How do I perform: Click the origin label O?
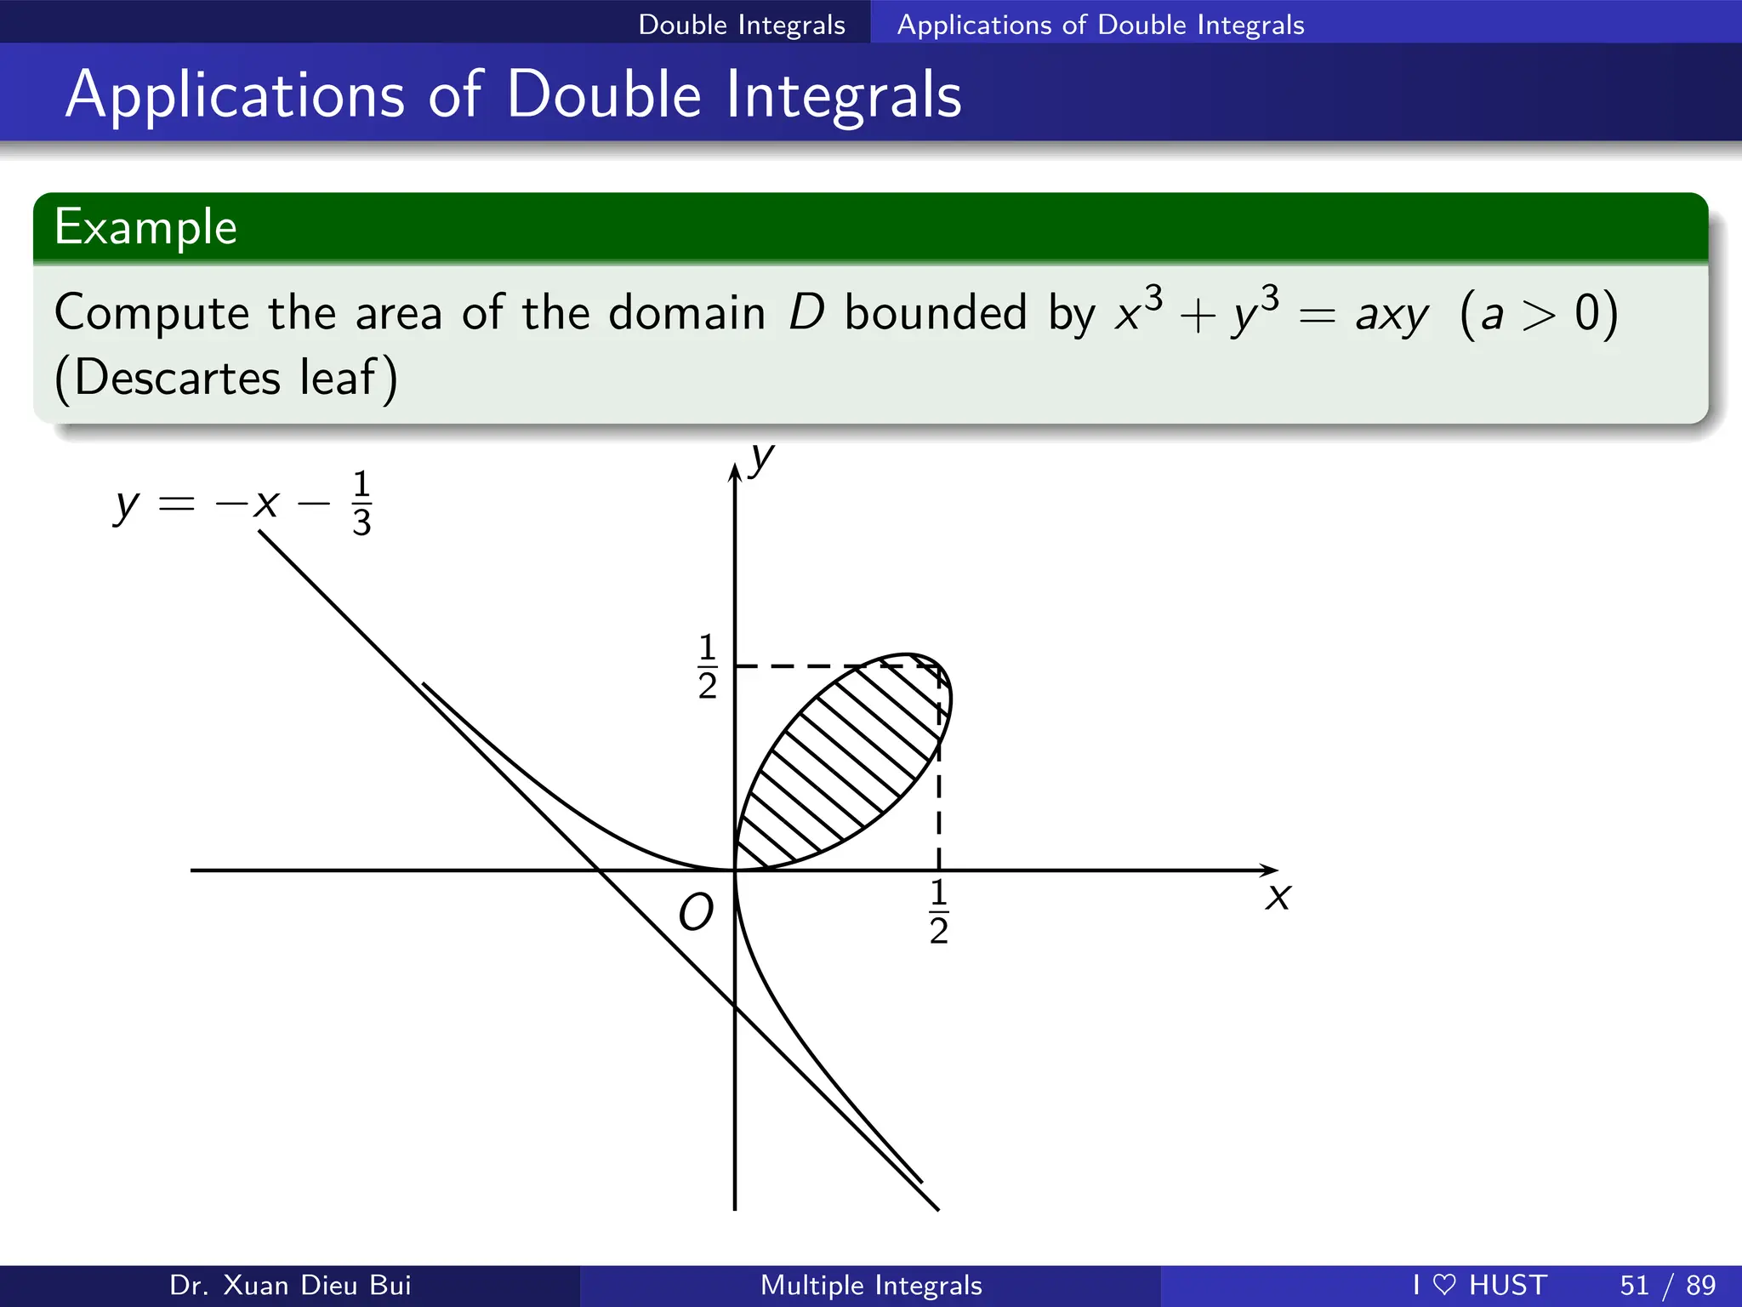coord(696,913)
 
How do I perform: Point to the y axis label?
coord(763,459)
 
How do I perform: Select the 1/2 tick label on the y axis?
coord(707,666)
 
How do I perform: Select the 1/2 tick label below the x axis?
coord(939,912)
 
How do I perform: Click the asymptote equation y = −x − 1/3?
coord(243,503)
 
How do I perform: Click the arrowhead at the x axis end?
coord(1270,870)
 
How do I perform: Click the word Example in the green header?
coord(145,227)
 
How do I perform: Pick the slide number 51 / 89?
coord(1667,1285)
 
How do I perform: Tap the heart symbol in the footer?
coord(1444,1284)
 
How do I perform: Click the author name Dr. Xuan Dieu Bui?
coord(290,1285)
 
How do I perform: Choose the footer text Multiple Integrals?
coord(871,1285)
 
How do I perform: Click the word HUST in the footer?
coord(1508,1285)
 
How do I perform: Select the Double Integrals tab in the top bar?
coord(742,25)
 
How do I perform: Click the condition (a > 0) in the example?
coord(1538,313)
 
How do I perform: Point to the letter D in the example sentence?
coord(806,312)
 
